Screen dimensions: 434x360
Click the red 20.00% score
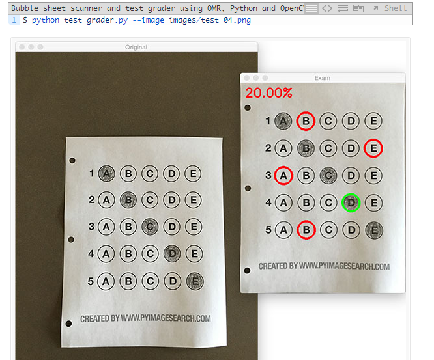point(268,93)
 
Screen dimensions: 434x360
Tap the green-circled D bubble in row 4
point(351,202)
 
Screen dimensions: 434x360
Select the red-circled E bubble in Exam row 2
point(373,148)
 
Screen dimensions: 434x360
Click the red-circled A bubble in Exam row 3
point(283,175)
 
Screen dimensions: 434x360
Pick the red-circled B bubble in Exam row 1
point(306,121)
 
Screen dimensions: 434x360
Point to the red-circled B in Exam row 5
point(306,230)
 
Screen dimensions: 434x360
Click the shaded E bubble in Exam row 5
point(374,230)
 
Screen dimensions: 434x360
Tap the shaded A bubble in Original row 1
point(107,173)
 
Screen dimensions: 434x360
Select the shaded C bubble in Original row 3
point(150,227)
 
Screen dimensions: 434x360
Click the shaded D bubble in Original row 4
point(172,253)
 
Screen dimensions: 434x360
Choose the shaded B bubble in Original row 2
point(128,200)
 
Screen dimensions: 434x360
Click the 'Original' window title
point(136,48)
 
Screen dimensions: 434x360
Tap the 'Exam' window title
point(322,78)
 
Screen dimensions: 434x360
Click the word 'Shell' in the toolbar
point(396,8)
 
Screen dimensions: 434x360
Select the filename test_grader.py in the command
point(96,20)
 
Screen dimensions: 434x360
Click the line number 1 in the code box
point(14,20)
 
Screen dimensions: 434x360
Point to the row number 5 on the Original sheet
point(91,281)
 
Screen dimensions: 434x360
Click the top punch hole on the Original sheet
point(72,160)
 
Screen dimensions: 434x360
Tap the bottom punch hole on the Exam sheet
point(247,270)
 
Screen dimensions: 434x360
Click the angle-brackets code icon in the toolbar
point(327,8)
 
